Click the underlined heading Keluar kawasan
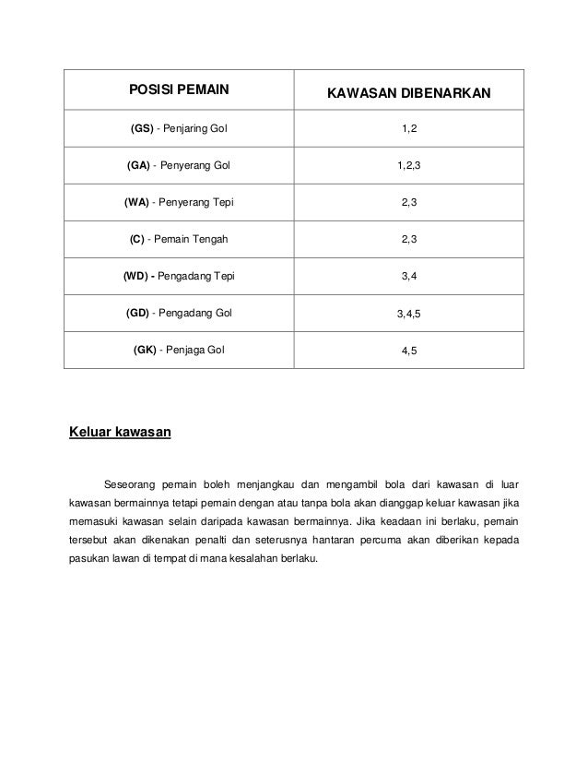121,430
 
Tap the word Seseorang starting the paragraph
130,483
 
